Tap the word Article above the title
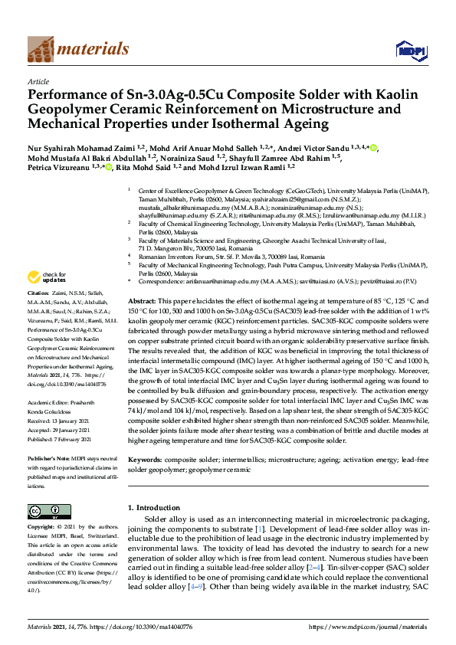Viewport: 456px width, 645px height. coord(38,80)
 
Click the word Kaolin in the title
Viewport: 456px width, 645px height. coord(395,95)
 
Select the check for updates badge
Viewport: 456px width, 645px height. coord(48,277)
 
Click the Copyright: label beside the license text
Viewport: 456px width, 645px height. coord(44,527)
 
